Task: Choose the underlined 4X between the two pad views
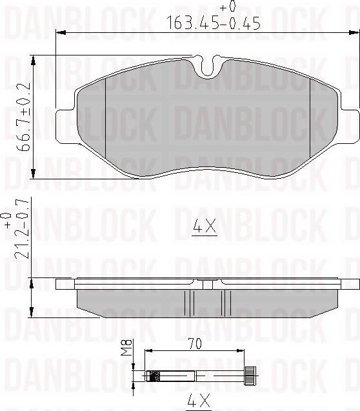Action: (204, 228)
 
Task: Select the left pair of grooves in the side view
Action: (190, 301)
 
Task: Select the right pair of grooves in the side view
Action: (225, 301)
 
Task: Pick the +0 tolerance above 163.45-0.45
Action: (227, 7)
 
